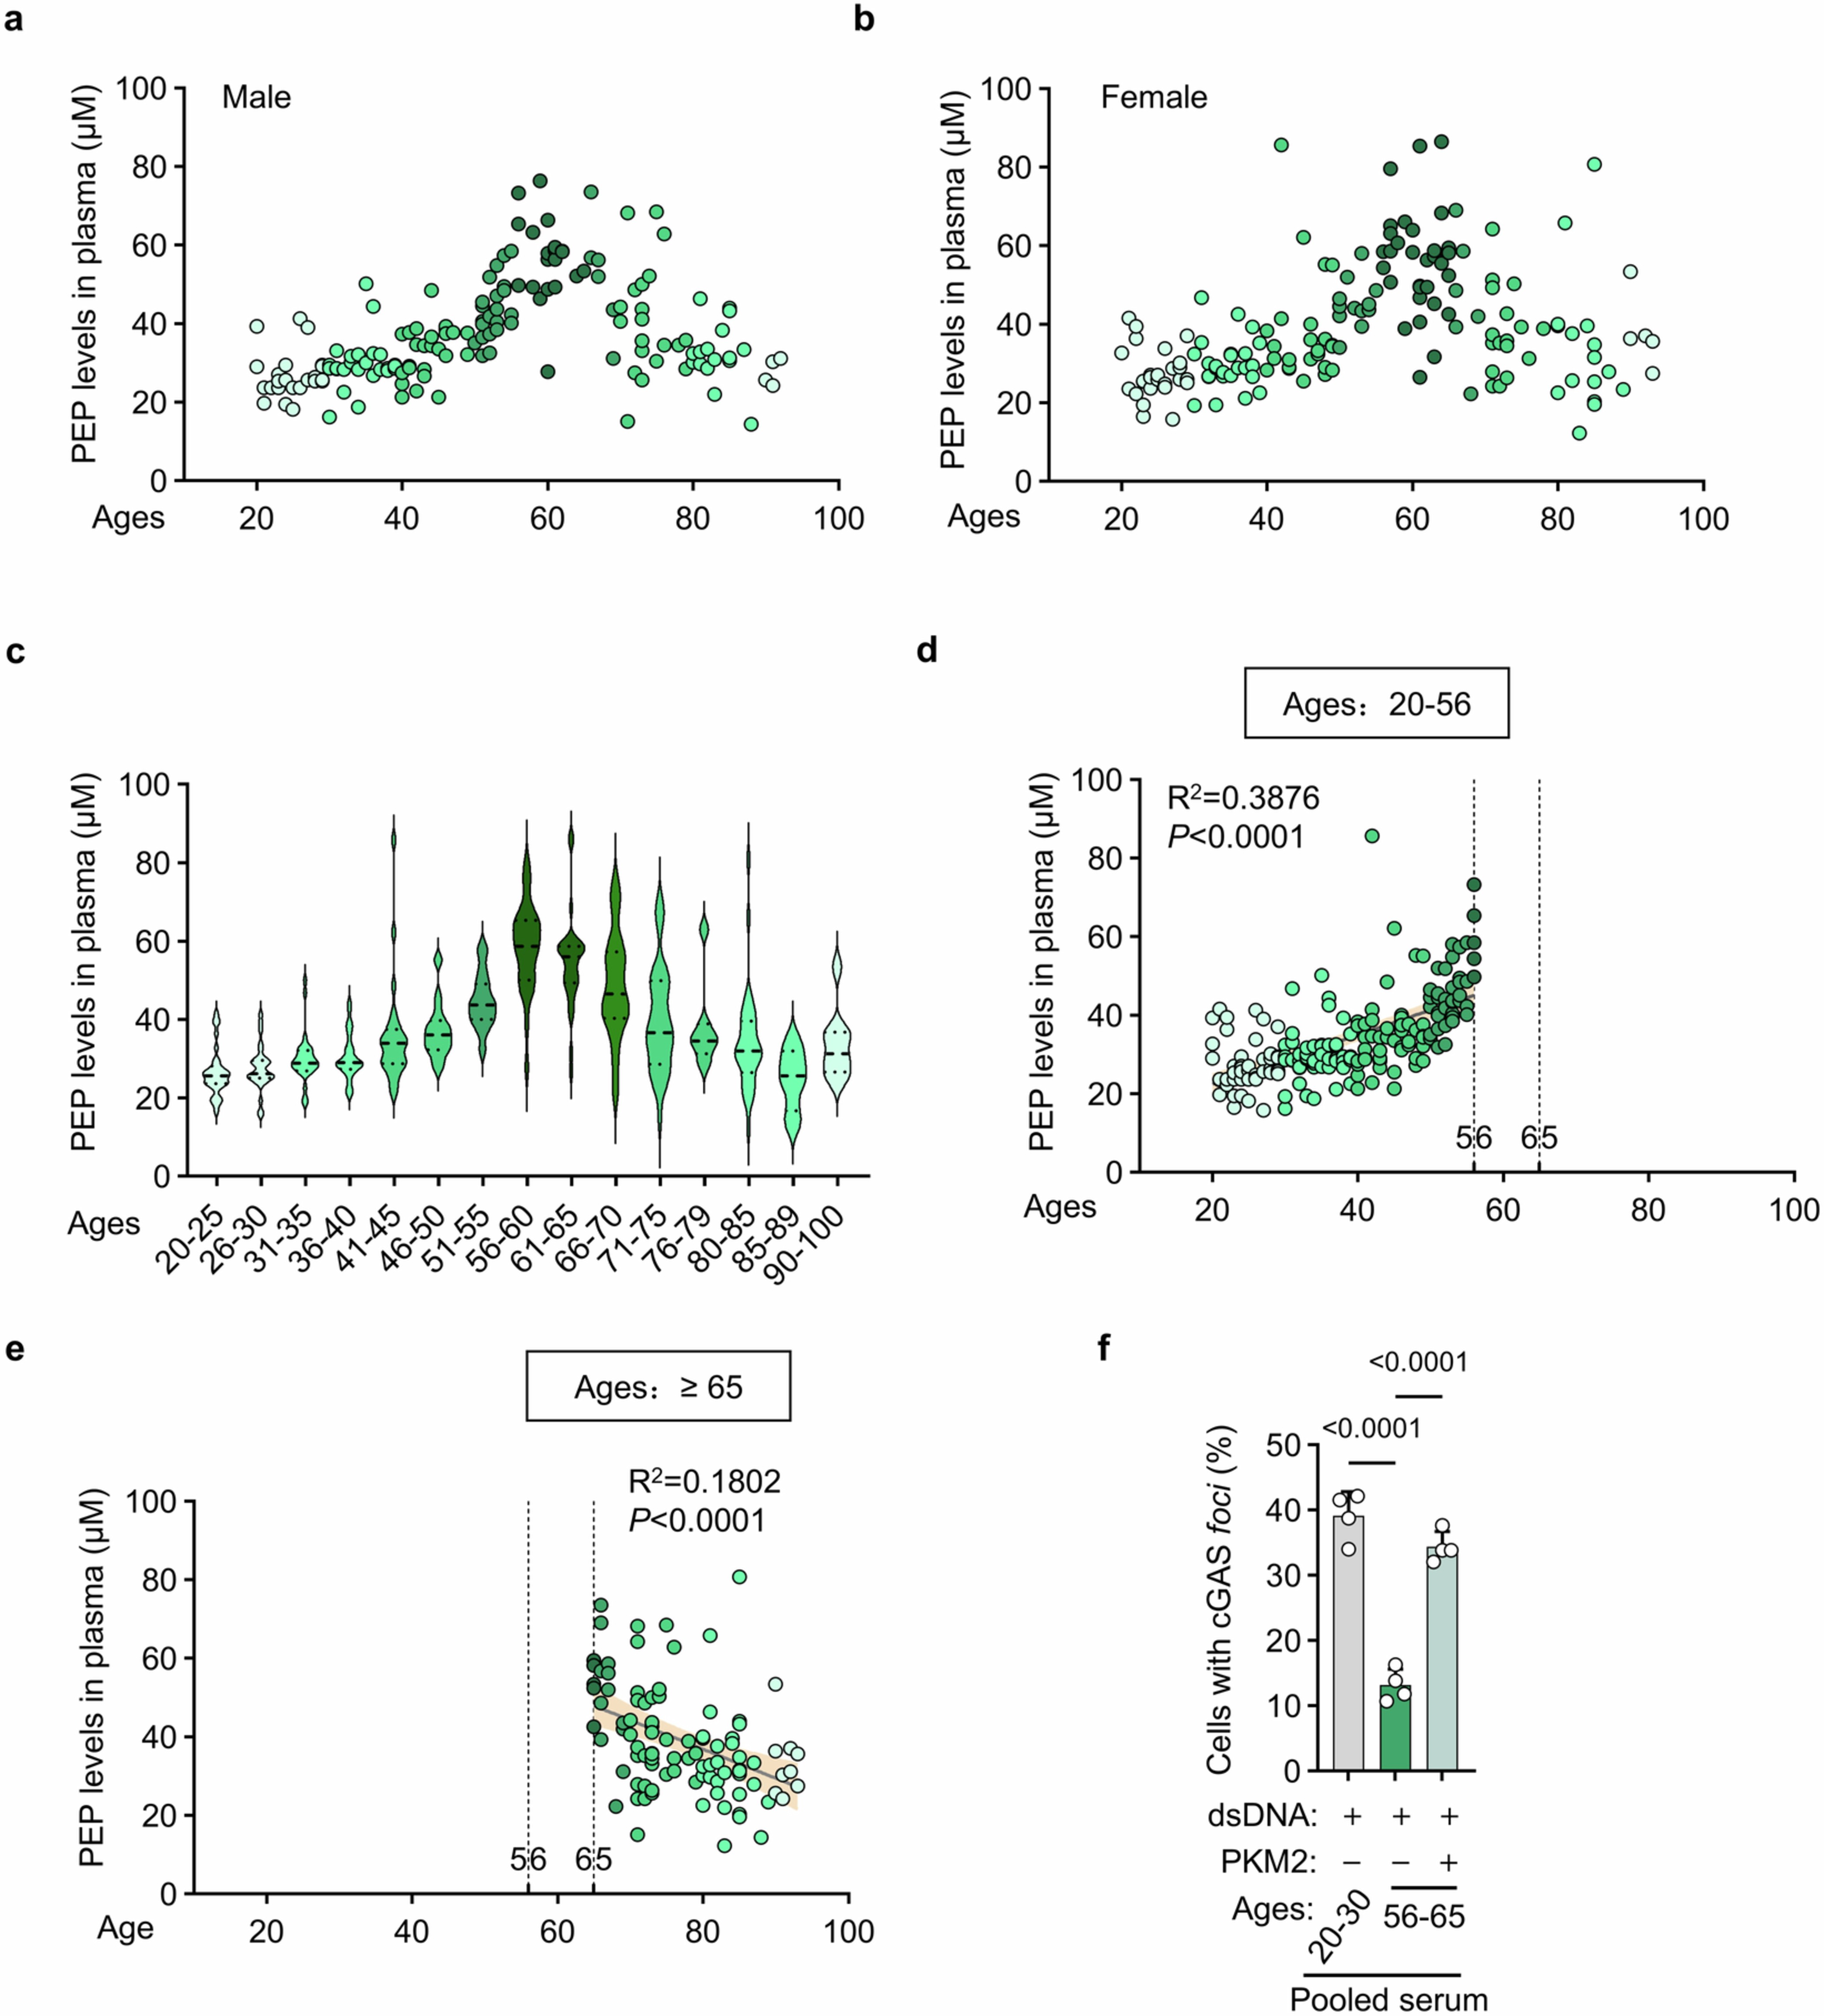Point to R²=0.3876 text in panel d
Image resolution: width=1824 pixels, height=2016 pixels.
1243,798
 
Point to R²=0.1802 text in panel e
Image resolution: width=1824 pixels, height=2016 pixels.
704,1481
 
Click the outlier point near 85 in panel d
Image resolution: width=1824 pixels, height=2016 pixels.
1372,836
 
